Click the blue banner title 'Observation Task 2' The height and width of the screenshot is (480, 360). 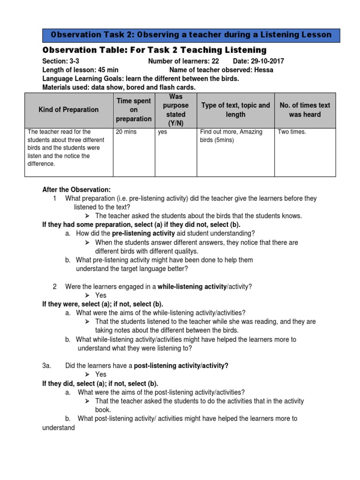191,35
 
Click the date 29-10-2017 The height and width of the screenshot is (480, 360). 267,61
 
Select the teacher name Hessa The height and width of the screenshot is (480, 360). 263,70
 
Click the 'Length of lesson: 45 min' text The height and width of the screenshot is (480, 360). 80,70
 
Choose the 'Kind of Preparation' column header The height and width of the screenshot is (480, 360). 69,110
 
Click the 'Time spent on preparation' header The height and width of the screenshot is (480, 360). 134,110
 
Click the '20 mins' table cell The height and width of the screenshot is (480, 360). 126,132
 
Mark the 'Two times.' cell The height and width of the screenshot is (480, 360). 292,132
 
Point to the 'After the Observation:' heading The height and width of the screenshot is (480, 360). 76,190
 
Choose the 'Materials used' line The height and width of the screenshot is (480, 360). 119,87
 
